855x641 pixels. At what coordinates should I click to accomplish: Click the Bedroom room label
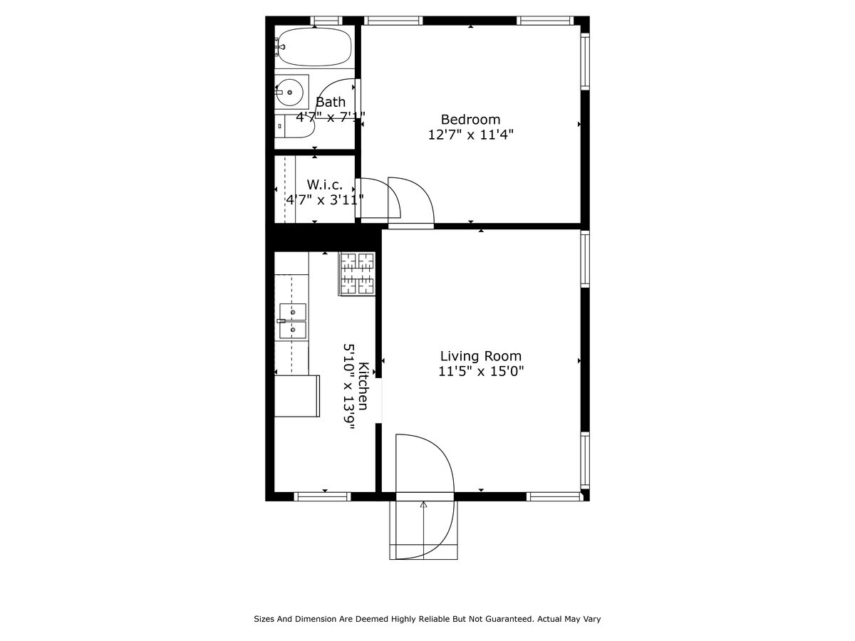470,119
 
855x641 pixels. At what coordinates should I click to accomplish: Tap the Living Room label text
481,355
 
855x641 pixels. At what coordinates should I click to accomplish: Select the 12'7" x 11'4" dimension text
470,135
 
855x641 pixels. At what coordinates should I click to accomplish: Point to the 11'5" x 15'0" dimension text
481,371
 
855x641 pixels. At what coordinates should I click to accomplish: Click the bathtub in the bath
313,47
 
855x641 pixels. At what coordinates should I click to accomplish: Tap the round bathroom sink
289,93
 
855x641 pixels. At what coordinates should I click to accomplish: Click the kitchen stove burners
357,274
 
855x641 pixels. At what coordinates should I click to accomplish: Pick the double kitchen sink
293,321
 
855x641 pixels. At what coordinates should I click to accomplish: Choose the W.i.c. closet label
325,184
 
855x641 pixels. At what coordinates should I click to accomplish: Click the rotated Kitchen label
363,386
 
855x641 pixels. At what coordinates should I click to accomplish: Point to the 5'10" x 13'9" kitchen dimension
349,386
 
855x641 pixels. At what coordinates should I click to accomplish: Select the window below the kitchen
322,496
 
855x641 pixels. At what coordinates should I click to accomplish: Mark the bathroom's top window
326,21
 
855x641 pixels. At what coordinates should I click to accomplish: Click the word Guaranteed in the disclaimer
507,619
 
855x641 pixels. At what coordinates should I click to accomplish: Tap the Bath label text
331,102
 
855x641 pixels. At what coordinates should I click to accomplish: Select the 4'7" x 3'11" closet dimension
325,199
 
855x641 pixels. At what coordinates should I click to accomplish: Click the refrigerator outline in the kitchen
297,396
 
